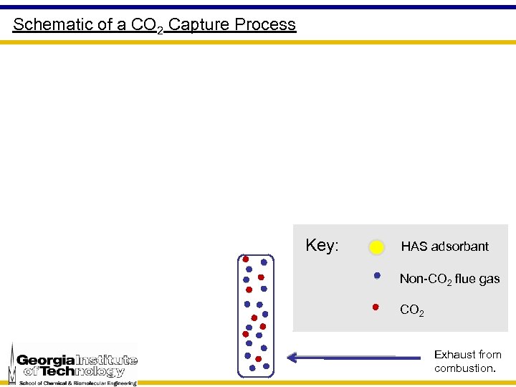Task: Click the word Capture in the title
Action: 200,24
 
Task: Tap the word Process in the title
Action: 265,24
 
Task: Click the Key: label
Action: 322,245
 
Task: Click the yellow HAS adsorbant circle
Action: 377,248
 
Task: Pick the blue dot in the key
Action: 377,275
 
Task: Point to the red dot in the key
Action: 376,307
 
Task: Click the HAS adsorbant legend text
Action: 444,247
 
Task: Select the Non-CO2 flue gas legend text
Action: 449,279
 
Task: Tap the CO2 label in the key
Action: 411,311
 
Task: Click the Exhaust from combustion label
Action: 467,361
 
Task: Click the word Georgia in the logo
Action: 45,360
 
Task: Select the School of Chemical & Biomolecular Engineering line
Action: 78,383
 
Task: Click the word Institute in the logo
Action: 105,360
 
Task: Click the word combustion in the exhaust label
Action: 464,368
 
